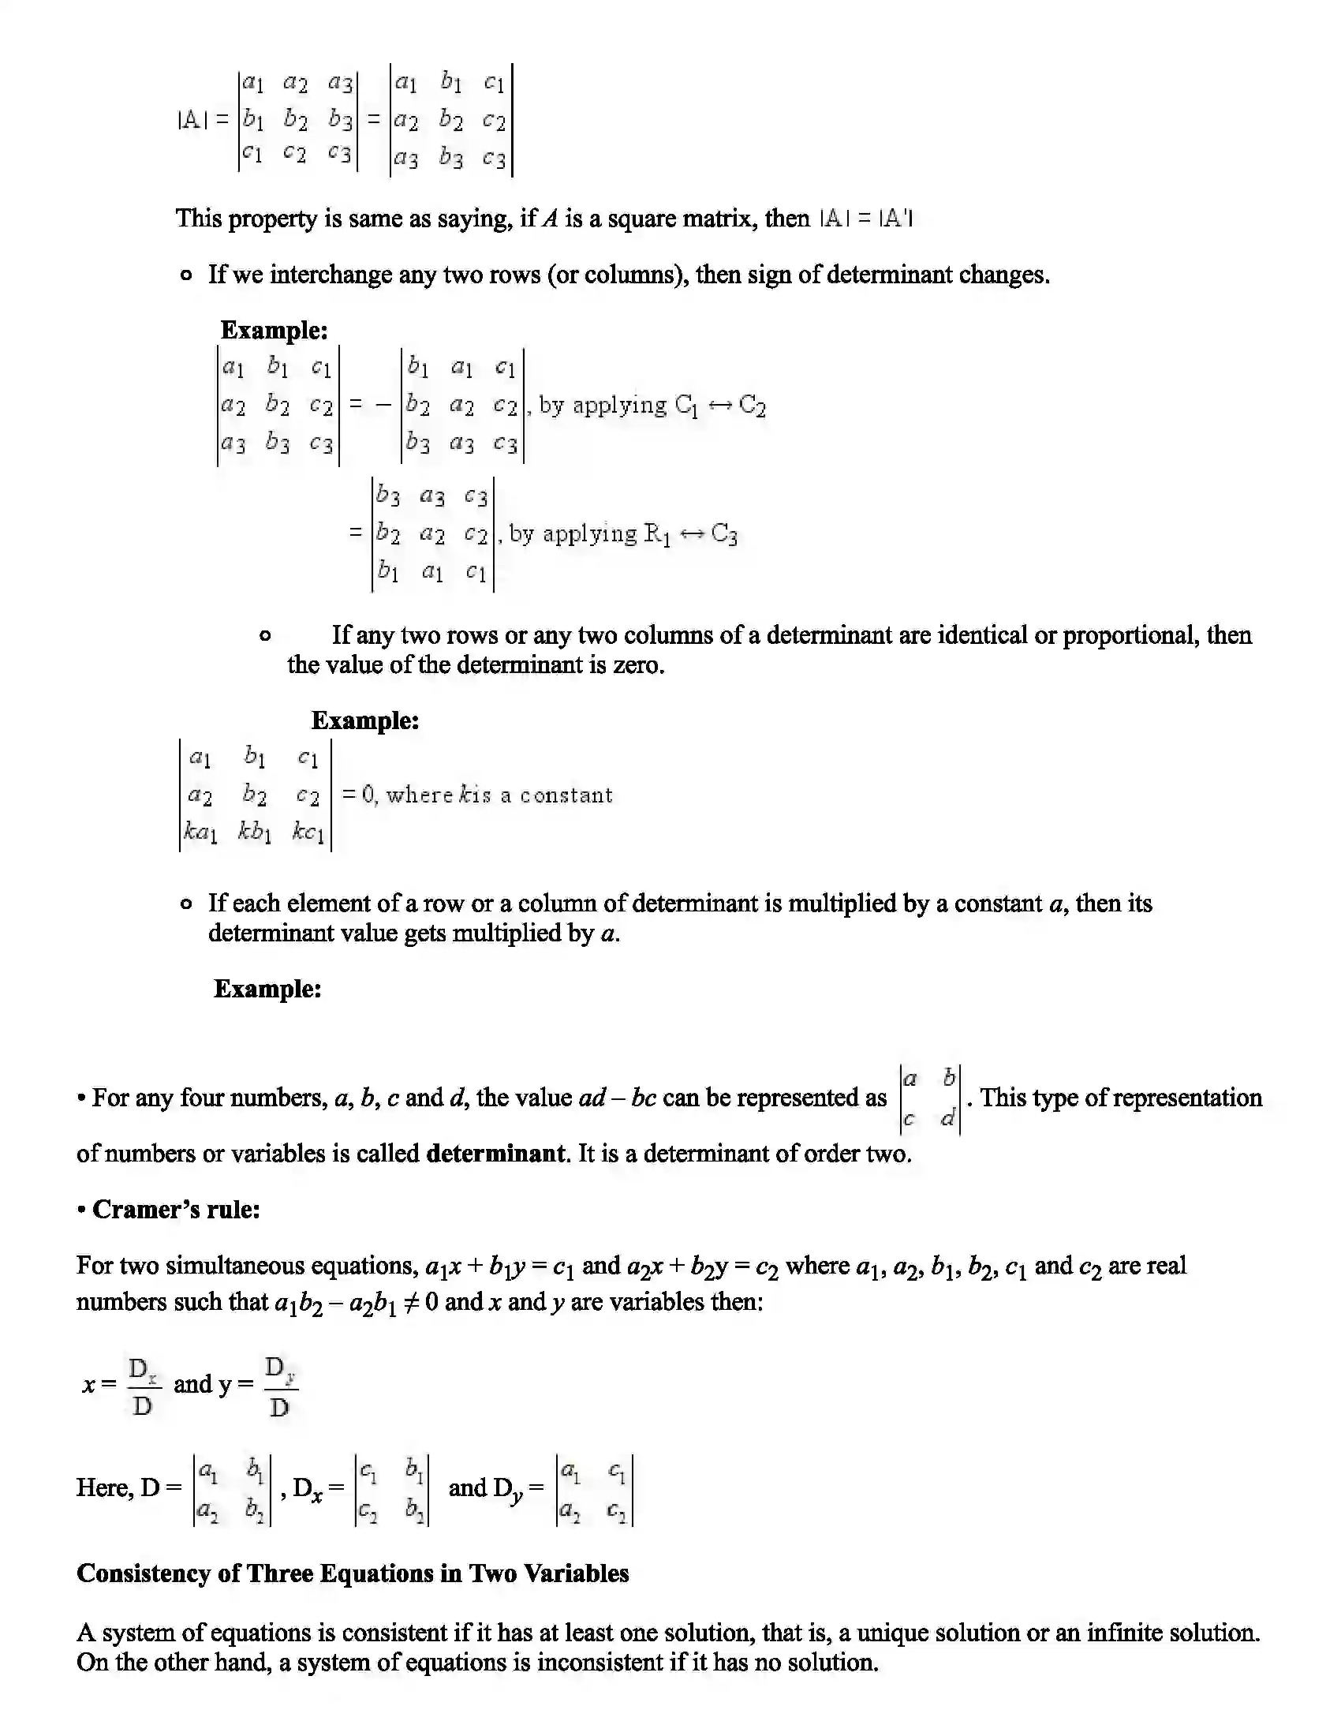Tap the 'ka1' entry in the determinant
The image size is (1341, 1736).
pyautogui.click(x=200, y=832)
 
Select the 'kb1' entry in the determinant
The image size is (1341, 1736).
pyautogui.click(x=255, y=832)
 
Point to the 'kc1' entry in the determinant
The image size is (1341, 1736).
pyautogui.click(x=308, y=832)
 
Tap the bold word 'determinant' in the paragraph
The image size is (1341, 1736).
pyautogui.click(x=495, y=1154)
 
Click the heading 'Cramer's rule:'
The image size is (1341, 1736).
pyautogui.click(x=176, y=1209)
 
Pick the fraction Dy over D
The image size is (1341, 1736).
pyautogui.click(x=280, y=1386)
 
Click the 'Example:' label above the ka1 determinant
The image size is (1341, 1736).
pyautogui.click(x=364, y=721)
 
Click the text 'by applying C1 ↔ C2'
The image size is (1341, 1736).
pyautogui.click(x=652, y=406)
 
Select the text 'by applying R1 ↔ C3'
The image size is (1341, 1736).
pyautogui.click(x=623, y=534)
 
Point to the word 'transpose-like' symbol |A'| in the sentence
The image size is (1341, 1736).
pyautogui.click(x=896, y=219)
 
